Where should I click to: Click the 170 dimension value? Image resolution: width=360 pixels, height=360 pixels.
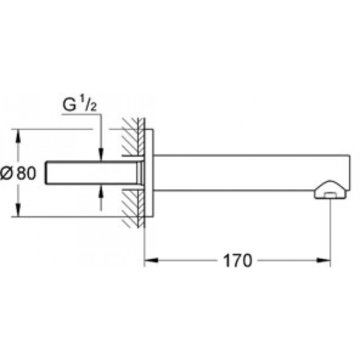pyautogui.click(x=238, y=261)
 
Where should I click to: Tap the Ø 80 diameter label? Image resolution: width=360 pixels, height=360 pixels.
pyautogui.click(x=18, y=173)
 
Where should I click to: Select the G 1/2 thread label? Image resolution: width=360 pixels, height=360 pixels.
pyautogui.click(x=80, y=105)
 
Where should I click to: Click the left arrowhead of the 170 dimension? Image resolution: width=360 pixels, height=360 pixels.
pyautogui.click(x=151, y=261)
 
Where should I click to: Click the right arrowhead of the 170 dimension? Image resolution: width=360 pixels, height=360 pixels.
pyautogui.click(x=324, y=261)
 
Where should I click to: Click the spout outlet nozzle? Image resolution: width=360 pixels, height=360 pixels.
pyautogui.click(x=330, y=189)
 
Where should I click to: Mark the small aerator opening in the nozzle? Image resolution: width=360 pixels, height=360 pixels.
pyautogui.click(x=330, y=195)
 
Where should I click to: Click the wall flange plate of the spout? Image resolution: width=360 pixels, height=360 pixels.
pyautogui.click(x=149, y=173)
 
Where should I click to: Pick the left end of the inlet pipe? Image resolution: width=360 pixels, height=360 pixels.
pyautogui.click(x=46, y=173)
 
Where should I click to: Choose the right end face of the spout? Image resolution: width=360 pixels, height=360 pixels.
pyautogui.click(x=350, y=173)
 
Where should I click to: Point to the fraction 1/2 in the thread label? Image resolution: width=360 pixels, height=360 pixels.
pyautogui.click(x=90, y=106)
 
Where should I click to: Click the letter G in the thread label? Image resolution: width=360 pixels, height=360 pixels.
pyautogui.click(x=69, y=106)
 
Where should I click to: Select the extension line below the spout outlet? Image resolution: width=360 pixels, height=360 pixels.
pyautogui.click(x=330, y=232)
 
